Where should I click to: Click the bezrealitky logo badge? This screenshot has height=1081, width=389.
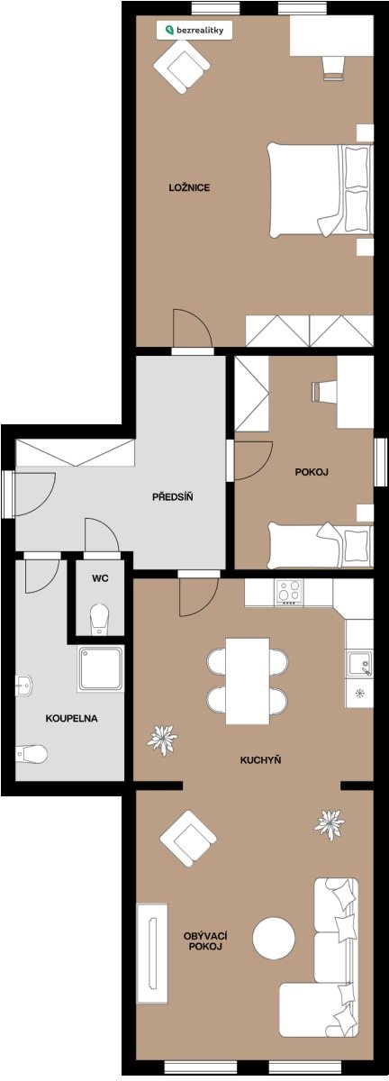pos(194,30)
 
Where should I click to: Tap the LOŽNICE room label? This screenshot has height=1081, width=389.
pos(189,187)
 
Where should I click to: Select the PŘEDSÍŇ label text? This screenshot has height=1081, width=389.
pos(173,496)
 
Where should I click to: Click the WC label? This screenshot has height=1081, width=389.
pos(100,578)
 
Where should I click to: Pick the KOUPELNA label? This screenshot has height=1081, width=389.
pos(71,718)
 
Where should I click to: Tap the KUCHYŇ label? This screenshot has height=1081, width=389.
pos(260,760)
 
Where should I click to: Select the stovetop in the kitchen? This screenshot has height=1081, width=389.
pos(290,592)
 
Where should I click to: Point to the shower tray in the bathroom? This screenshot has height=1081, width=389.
pos(100,668)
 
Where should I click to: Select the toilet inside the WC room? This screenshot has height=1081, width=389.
pos(99,619)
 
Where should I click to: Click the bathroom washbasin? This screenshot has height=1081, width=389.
pos(23,685)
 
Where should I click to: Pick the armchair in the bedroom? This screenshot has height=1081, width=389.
pos(182,67)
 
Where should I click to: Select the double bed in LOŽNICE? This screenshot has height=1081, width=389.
pos(321,190)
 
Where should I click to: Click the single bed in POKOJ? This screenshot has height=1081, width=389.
pos(321,545)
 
